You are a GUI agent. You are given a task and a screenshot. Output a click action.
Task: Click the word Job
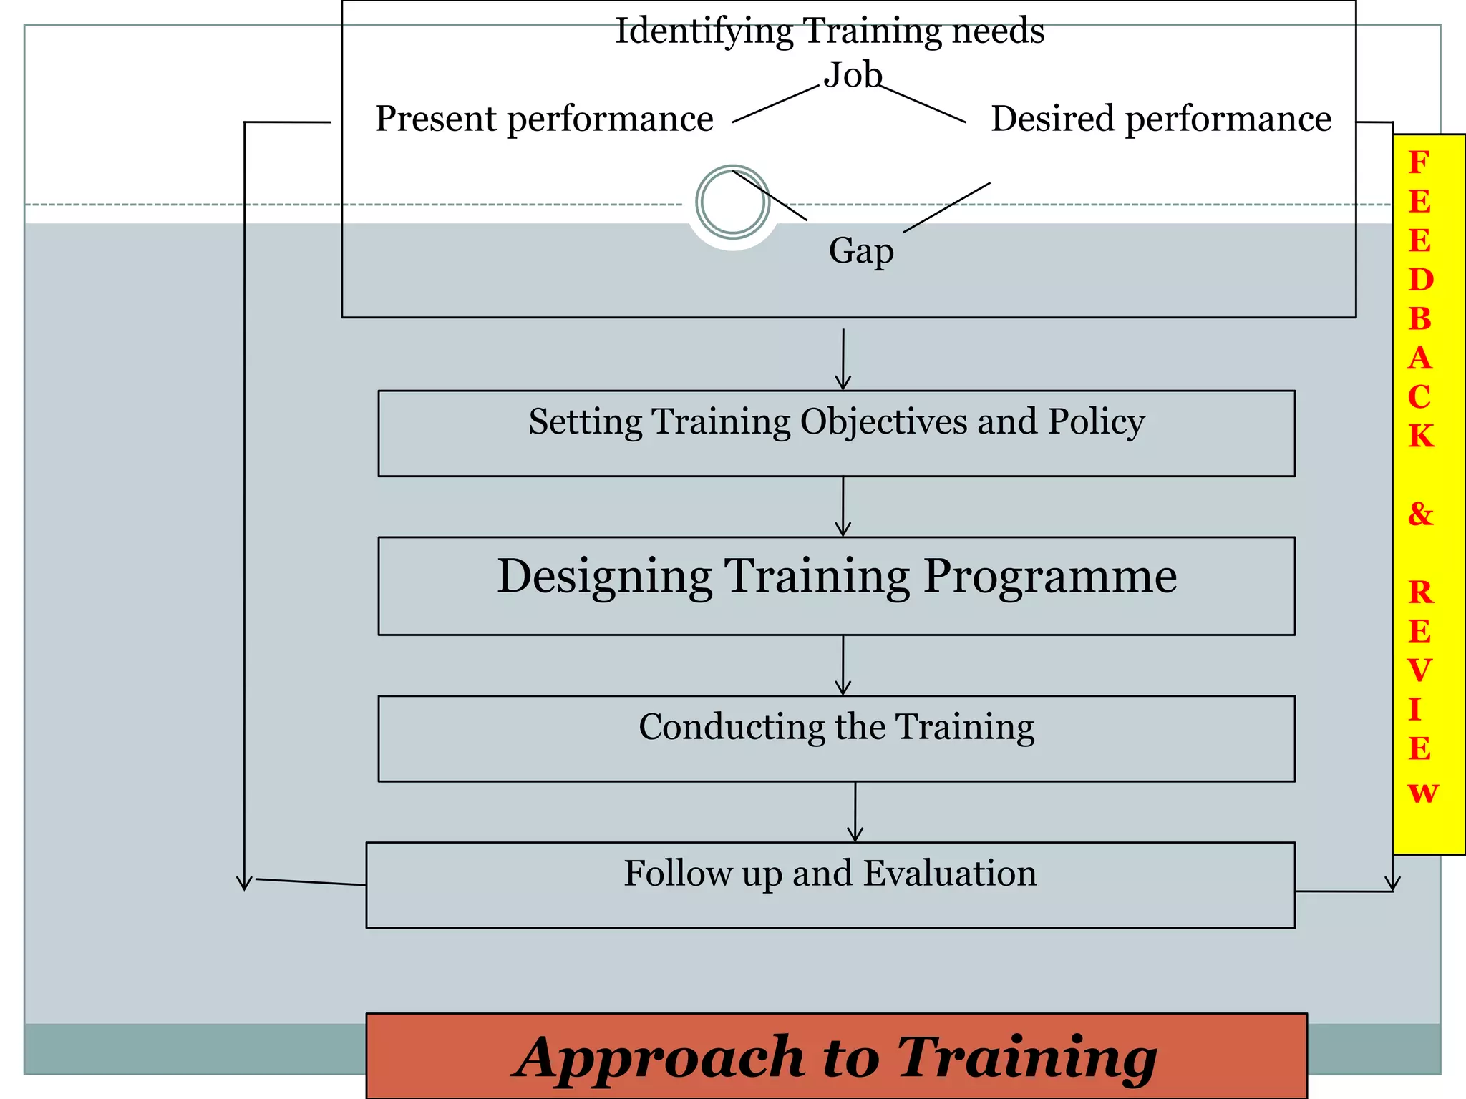point(853,75)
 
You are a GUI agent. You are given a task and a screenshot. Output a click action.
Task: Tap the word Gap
point(861,251)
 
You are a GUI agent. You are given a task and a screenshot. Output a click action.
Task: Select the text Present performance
point(544,119)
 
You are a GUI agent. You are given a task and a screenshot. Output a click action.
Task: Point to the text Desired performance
point(1160,119)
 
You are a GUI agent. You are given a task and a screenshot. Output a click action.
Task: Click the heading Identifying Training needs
point(830,31)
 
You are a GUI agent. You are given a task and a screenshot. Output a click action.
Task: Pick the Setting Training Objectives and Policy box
point(836,434)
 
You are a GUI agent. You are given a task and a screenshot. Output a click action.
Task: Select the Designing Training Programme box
point(836,585)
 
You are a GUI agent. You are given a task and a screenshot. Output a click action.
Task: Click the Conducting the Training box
point(836,738)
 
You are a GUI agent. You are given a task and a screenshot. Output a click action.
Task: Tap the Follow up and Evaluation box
point(830,884)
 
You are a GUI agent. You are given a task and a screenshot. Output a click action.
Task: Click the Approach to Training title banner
point(836,1056)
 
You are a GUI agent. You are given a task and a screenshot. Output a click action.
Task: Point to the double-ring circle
point(732,202)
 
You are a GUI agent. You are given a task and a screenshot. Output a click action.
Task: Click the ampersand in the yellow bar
point(1420,514)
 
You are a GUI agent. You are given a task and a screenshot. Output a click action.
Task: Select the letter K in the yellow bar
point(1421,436)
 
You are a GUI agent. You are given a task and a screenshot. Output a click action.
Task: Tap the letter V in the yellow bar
point(1419,670)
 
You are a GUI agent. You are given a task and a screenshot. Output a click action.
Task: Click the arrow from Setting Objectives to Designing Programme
point(843,507)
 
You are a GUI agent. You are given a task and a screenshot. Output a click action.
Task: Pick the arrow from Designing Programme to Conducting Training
point(843,665)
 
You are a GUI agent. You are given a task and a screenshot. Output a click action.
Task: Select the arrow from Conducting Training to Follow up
point(855,812)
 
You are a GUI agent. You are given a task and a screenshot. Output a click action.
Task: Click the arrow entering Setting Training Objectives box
point(843,359)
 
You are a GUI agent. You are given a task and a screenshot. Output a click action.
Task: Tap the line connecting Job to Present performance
point(776,104)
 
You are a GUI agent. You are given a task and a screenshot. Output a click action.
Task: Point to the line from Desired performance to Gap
point(946,207)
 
